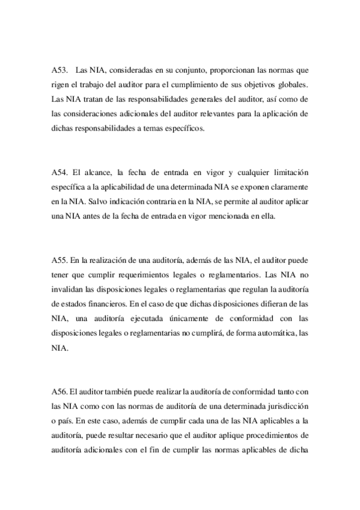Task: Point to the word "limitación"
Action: pyautogui.click(x=290, y=173)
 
